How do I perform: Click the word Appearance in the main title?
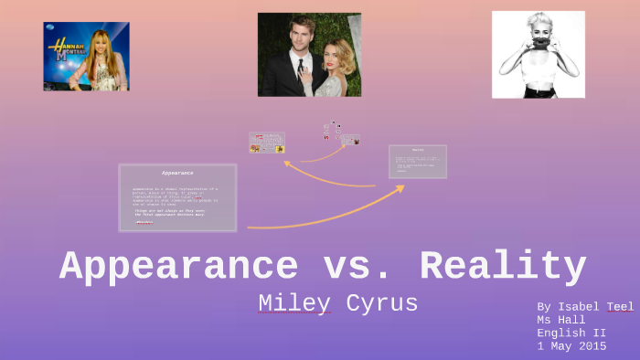click(178, 267)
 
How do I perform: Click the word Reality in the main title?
click(503, 267)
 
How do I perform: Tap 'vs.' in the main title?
click(358, 267)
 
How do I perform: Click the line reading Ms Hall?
click(561, 320)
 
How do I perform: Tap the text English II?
click(571, 333)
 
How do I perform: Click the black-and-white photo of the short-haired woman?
click(538, 54)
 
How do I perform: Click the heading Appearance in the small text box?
click(177, 173)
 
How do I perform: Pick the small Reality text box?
click(418, 161)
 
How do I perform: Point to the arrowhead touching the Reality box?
click(400, 187)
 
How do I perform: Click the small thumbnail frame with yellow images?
click(267, 143)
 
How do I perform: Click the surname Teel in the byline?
click(620, 307)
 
